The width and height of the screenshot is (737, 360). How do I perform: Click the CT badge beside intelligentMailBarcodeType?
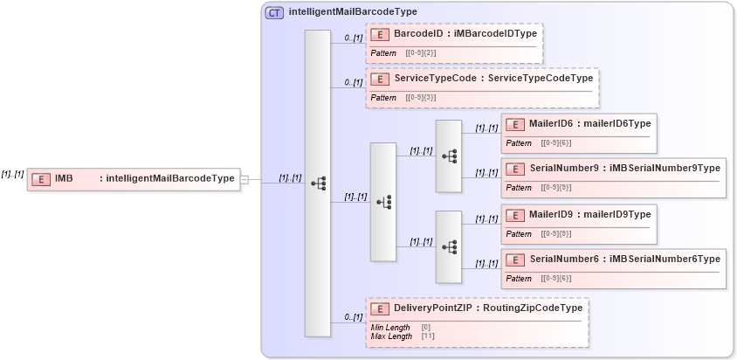274,12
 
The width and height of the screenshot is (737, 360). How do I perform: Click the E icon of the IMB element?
40,179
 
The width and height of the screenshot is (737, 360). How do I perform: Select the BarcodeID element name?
418,33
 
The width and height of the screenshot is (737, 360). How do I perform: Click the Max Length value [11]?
428,336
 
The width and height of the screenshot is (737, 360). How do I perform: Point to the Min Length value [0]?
425,328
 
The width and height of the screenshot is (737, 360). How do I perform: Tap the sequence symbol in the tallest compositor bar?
318,183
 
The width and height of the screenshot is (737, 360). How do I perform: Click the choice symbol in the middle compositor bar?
383,202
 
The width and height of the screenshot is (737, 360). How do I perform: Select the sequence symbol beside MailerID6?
449,156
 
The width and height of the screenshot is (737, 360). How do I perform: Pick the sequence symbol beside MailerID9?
449,247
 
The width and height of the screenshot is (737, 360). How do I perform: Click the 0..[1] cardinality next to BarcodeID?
353,38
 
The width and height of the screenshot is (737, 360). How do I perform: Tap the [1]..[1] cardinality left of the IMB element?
12,174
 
